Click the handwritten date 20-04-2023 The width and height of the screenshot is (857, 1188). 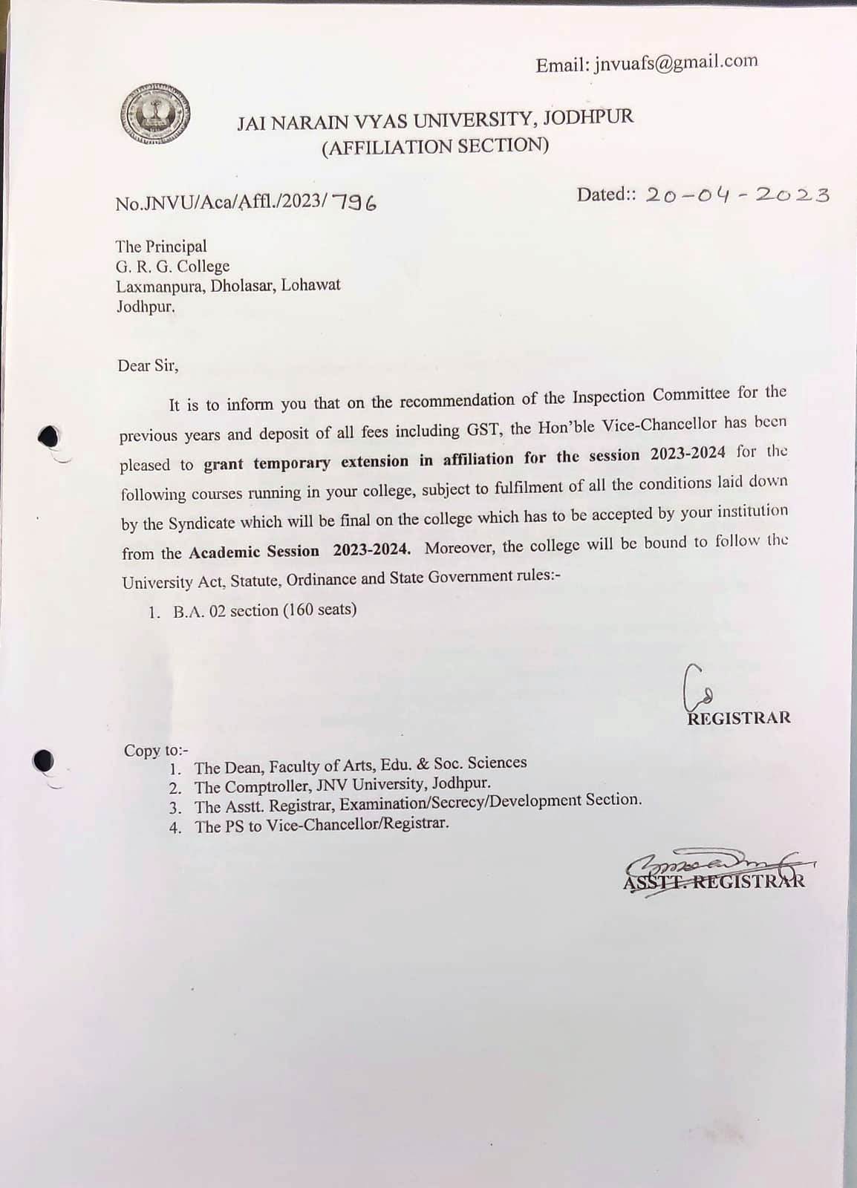tap(737, 195)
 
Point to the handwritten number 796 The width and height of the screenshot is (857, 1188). tap(354, 201)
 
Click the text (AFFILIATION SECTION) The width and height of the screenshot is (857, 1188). tap(435, 146)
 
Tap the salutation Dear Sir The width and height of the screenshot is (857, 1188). tap(148, 365)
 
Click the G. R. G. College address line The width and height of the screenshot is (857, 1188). tap(172, 266)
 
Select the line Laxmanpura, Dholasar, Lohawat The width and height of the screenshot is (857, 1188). tap(228, 286)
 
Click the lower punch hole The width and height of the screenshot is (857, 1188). tap(45, 761)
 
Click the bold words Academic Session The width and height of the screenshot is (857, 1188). tap(254, 552)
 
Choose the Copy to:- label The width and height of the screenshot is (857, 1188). tap(156, 750)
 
